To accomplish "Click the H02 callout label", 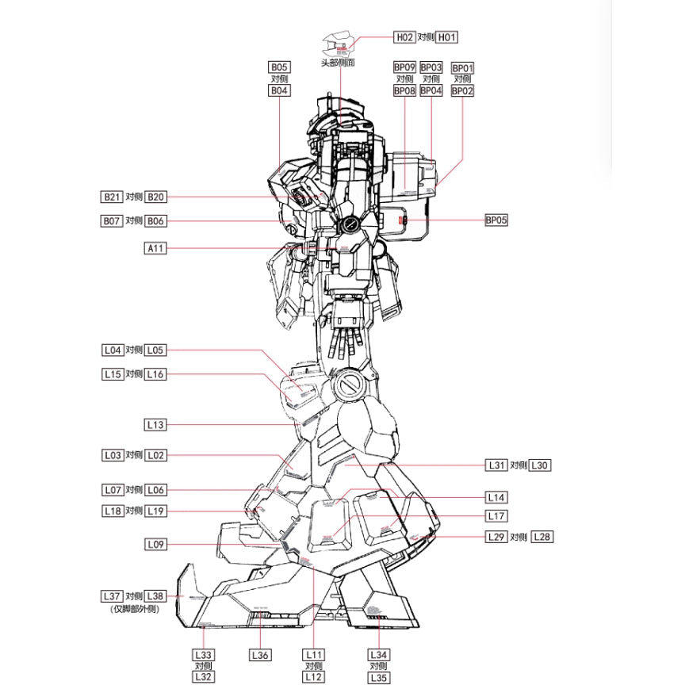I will pyautogui.click(x=404, y=37).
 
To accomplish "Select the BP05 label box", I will pyautogui.click(x=496, y=220).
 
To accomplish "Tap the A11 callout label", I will pyautogui.click(x=155, y=248).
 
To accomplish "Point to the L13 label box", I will pyautogui.click(x=155, y=425).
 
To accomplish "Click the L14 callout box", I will pyautogui.click(x=496, y=497).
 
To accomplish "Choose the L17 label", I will pyautogui.click(x=496, y=516).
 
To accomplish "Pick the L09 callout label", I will pyautogui.click(x=155, y=545).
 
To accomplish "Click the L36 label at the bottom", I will pyautogui.click(x=261, y=655).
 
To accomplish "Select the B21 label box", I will pyautogui.click(x=111, y=197).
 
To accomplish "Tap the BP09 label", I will pyautogui.click(x=404, y=68).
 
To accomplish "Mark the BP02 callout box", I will pyautogui.click(x=462, y=91).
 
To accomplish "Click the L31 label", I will pyautogui.click(x=496, y=465).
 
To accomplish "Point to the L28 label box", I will pyautogui.click(x=542, y=537).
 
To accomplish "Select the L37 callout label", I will pyautogui.click(x=111, y=595).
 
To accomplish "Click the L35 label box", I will pyautogui.click(x=379, y=678).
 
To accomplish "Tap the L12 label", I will pyautogui.click(x=314, y=678).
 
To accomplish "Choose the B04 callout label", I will pyautogui.click(x=279, y=91).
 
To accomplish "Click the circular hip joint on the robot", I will pyautogui.click(x=349, y=385).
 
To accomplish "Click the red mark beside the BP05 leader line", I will pyautogui.click(x=402, y=220).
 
